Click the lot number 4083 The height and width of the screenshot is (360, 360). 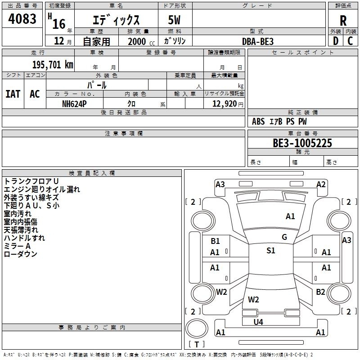[x=22, y=19]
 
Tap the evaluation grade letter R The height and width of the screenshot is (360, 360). [x=343, y=21]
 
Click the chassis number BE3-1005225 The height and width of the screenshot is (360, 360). [x=302, y=143]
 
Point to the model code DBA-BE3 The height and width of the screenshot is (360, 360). [x=258, y=41]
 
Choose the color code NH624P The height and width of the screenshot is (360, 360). [x=74, y=103]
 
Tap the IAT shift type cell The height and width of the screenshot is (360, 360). [x=13, y=94]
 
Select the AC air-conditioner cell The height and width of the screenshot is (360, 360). [x=35, y=94]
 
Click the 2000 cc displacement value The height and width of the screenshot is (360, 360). [x=137, y=41]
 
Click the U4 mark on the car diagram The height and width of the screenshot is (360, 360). [x=258, y=322]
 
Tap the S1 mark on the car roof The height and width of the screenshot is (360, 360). [x=270, y=251]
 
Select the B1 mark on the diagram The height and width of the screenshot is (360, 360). [x=215, y=241]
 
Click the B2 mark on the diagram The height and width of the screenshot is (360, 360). [x=320, y=292]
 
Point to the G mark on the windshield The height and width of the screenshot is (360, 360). [x=284, y=237]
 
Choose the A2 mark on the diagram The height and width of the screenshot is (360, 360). [x=321, y=184]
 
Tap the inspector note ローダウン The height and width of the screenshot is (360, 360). [x=20, y=254]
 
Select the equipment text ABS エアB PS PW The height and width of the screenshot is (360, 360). [x=279, y=121]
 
